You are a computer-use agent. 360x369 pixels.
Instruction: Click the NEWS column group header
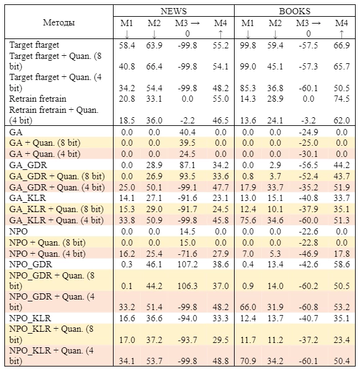[x=174, y=11]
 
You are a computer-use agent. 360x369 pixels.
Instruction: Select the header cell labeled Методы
[x=59, y=23]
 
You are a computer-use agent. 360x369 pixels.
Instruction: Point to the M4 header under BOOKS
[x=341, y=23]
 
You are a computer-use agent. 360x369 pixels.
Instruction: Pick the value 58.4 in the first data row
[x=127, y=45]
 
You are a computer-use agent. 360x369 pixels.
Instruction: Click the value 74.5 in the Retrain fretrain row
[x=341, y=99]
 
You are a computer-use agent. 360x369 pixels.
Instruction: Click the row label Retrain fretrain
[x=38, y=99]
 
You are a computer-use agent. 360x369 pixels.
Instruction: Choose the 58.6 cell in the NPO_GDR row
[x=341, y=264]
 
